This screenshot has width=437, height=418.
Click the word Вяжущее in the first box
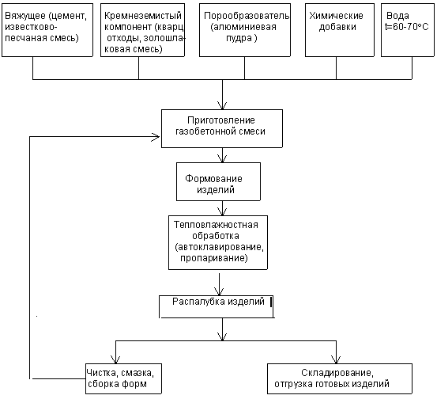click(x=25, y=16)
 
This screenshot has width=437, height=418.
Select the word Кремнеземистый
click(x=143, y=16)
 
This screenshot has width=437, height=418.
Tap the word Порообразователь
click(x=247, y=16)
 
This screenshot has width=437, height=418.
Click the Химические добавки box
click(x=340, y=30)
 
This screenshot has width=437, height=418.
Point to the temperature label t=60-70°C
click(x=407, y=27)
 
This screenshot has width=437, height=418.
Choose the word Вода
click(x=397, y=16)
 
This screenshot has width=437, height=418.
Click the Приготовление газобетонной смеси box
click(x=222, y=128)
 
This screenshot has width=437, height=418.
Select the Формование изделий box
click(x=218, y=181)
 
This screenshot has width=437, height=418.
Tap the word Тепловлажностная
click(x=216, y=225)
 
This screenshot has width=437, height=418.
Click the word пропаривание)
click(x=214, y=258)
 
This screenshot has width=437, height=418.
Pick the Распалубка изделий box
click(x=217, y=306)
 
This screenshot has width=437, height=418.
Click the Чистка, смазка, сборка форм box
click(x=123, y=378)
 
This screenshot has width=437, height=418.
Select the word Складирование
click(x=337, y=373)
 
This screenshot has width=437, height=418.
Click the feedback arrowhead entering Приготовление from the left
click(x=156, y=137)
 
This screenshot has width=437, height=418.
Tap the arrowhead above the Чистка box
click(x=115, y=359)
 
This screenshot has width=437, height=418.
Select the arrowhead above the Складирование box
click(x=336, y=359)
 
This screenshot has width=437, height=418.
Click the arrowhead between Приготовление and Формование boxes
click(x=222, y=158)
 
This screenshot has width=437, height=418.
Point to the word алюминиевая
click(x=243, y=27)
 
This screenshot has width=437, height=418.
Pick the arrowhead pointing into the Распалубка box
click(x=220, y=291)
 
